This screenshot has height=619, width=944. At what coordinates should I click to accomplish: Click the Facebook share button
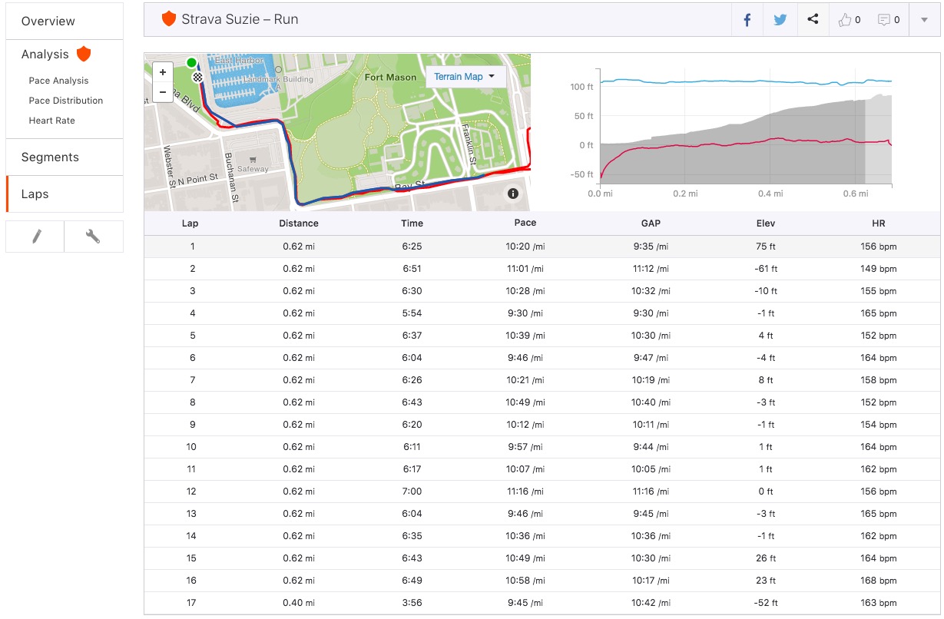coord(747,20)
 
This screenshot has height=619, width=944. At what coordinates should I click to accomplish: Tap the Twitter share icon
coord(780,20)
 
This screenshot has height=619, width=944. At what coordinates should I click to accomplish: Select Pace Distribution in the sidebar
coord(66,101)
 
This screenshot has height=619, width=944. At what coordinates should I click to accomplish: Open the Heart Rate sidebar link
coord(52,121)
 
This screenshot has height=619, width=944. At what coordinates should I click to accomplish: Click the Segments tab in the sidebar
coord(50,157)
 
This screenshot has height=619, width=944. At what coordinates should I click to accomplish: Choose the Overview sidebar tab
coord(48,21)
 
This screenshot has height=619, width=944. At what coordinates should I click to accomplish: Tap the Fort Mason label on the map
coord(390,78)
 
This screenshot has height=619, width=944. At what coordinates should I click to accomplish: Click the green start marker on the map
coord(191,63)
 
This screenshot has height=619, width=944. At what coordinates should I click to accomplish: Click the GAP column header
coord(650,223)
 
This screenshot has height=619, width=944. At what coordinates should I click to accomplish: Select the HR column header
coord(878,223)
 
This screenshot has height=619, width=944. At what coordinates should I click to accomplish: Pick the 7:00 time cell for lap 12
coord(412,492)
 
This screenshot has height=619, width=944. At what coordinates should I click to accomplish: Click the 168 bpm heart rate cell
coord(878,581)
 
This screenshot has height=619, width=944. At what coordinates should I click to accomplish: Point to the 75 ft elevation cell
coord(765,247)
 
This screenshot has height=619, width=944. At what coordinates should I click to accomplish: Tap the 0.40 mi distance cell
coord(298,603)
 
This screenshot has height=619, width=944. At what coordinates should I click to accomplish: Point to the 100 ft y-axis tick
coord(581,87)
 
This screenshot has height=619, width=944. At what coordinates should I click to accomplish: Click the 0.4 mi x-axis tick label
coord(770,194)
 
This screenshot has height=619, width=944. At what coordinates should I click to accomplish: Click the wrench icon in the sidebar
coord(93,237)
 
